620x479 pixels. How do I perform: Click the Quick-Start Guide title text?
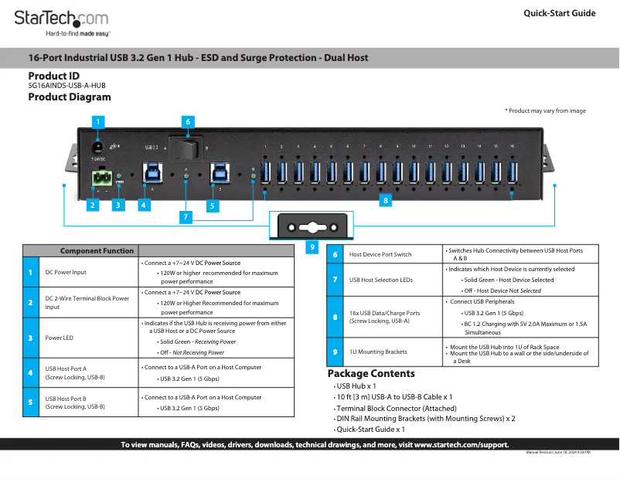coord(559,13)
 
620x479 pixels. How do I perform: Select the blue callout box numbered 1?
coord(97,121)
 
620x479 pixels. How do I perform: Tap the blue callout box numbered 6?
coord(188,121)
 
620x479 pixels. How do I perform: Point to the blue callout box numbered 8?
coord(386,199)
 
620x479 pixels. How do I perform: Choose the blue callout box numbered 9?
coord(312,247)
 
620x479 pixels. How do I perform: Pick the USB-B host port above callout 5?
coord(220,172)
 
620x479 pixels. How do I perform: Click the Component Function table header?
coord(97,250)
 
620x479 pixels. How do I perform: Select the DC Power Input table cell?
coord(66,272)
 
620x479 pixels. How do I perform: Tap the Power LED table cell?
coord(59,338)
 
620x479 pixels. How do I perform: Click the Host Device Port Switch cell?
coord(380,254)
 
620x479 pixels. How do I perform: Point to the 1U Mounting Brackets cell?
coord(378,352)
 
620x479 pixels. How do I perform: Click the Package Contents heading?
coord(371,374)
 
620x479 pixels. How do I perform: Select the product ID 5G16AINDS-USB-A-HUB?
coord(66,86)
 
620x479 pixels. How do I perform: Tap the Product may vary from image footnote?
coord(545,111)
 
